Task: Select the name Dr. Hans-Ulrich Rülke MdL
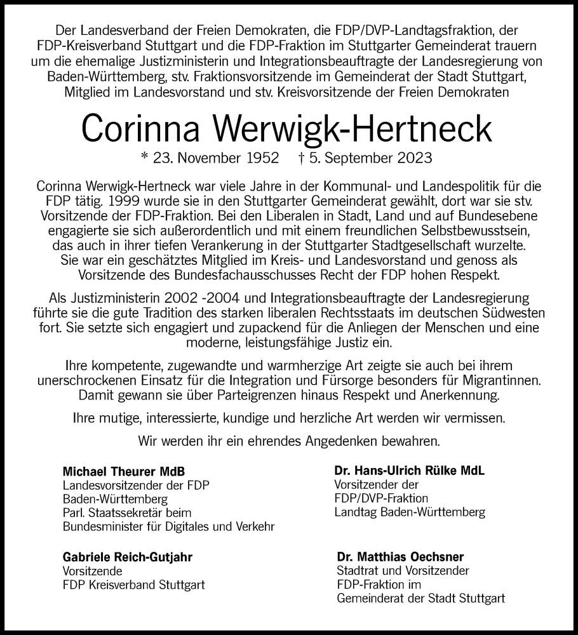(400, 471)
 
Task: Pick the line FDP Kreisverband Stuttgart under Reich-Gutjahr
(134, 585)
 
